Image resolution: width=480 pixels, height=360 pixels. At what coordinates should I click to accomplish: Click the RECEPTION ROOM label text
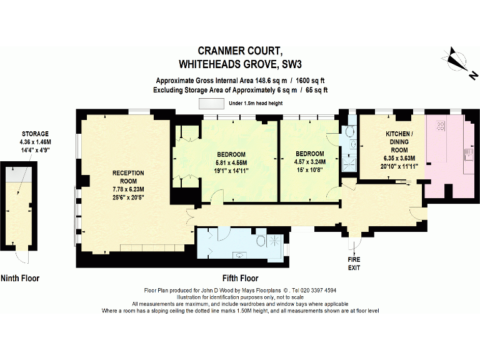[x=128, y=177]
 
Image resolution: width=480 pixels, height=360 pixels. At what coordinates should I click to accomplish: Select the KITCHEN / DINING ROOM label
[x=398, y=142]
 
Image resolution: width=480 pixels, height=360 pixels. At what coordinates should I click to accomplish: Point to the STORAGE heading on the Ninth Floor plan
[x=35, y=134]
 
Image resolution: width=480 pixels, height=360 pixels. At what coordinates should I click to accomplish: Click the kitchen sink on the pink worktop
[x=467, y=154]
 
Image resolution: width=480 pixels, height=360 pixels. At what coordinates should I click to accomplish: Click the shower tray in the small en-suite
[x=351, y=163]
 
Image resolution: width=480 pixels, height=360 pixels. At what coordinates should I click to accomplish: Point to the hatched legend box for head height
[x=211, y=103]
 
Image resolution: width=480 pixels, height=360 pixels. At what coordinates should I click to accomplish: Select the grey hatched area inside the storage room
[x=20, y=174]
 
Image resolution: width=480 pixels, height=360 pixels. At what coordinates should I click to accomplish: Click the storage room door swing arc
[x=23, y=257]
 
